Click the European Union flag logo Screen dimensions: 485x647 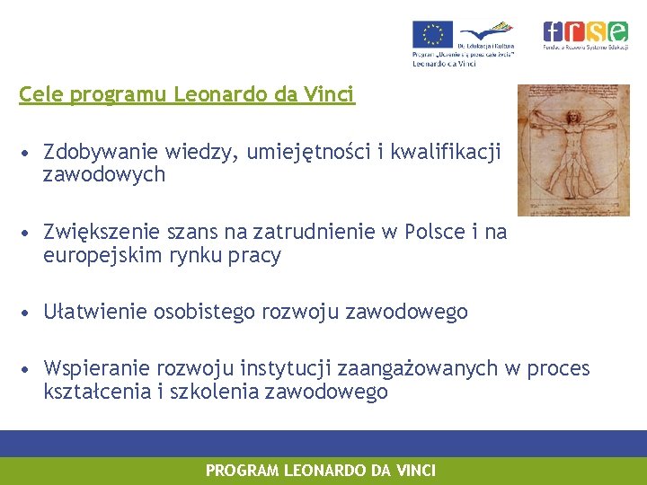[432, 34]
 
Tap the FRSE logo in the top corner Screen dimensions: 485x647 [585, 34]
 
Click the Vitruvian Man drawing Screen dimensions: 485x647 [579, 149]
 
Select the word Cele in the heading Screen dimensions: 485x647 [37, 94]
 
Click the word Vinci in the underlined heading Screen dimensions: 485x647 [332, 94]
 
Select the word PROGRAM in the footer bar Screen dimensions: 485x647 [243, 471]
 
